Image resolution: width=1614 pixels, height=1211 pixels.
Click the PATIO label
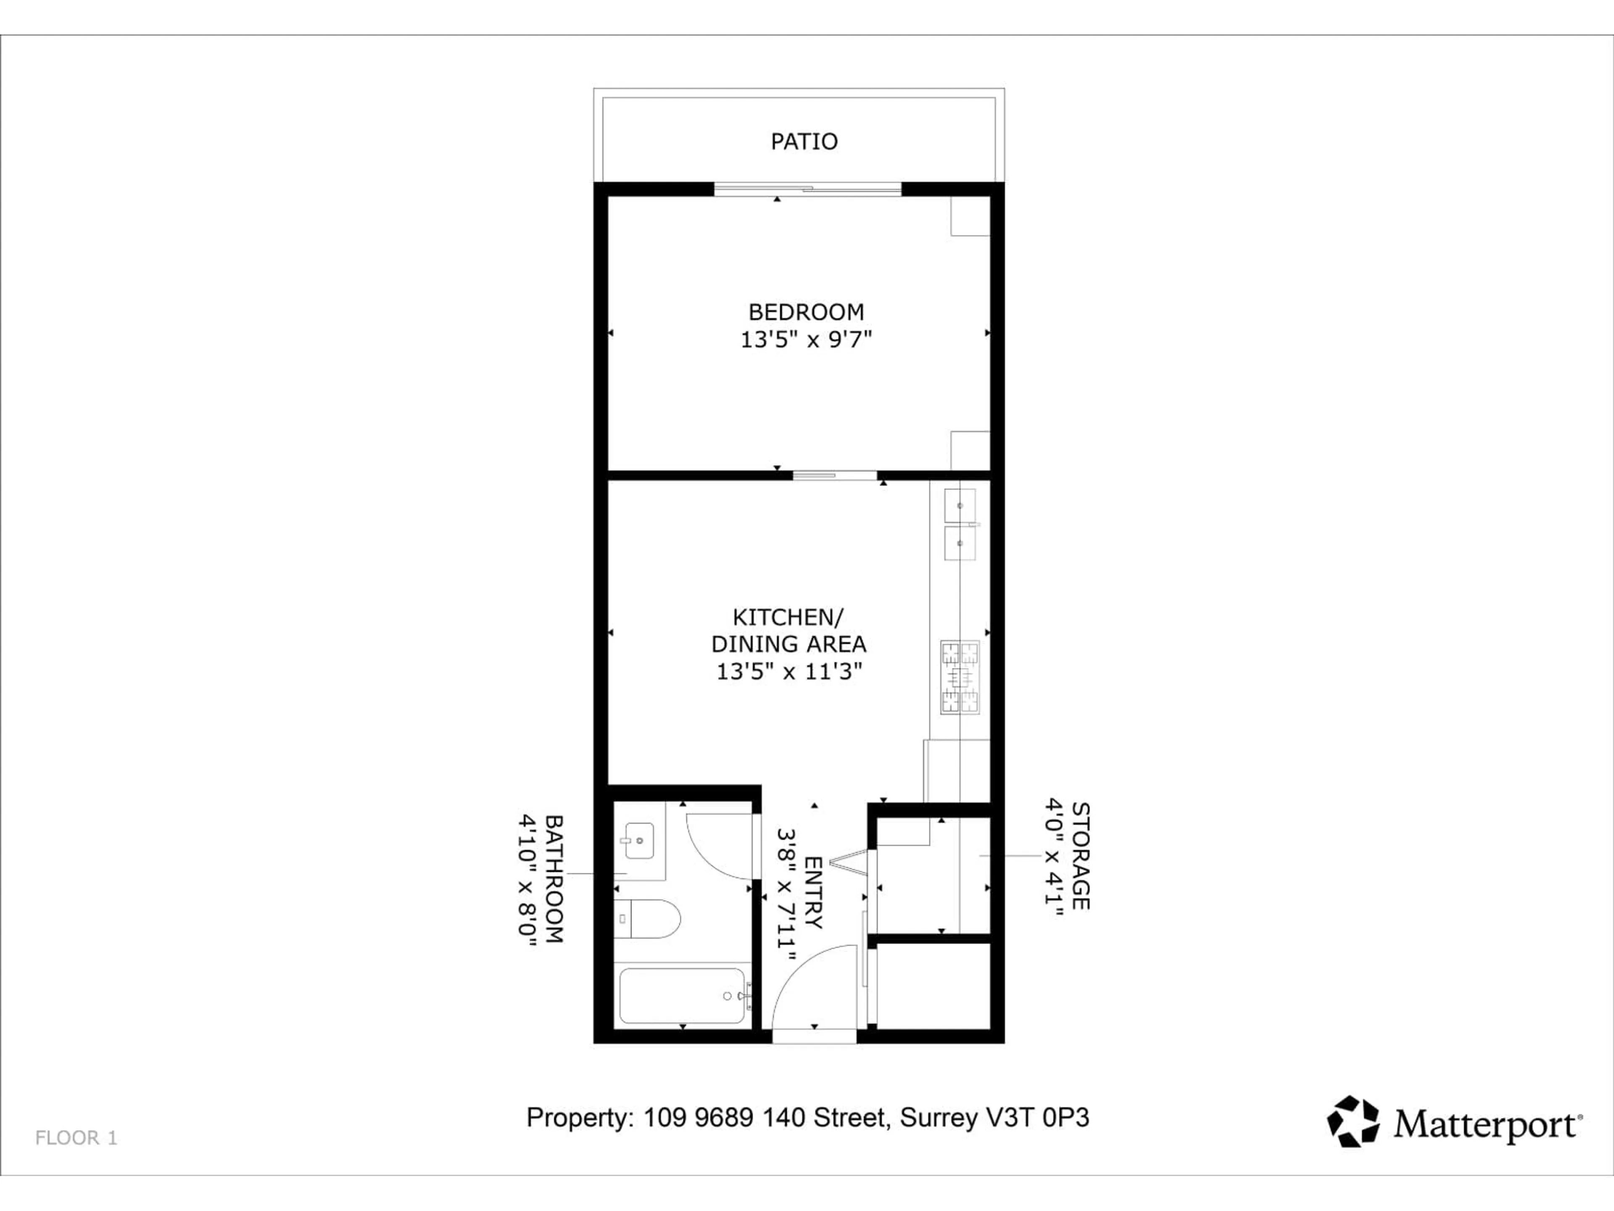point(804,142)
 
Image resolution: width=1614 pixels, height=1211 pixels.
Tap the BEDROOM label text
point(806,312)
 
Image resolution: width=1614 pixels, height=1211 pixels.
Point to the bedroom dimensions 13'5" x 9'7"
point(806,339)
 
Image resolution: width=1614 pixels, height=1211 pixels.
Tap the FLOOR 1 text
point(76,1137)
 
